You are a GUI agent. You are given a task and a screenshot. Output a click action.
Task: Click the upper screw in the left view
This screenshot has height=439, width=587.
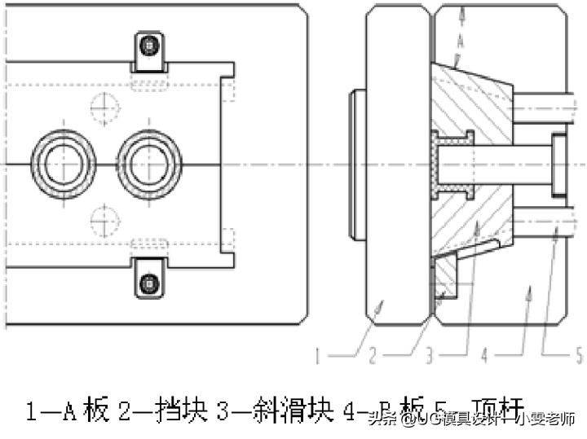click(x=148, y=45)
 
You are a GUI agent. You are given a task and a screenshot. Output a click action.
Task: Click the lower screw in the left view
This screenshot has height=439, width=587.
click(x=148, y=282)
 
